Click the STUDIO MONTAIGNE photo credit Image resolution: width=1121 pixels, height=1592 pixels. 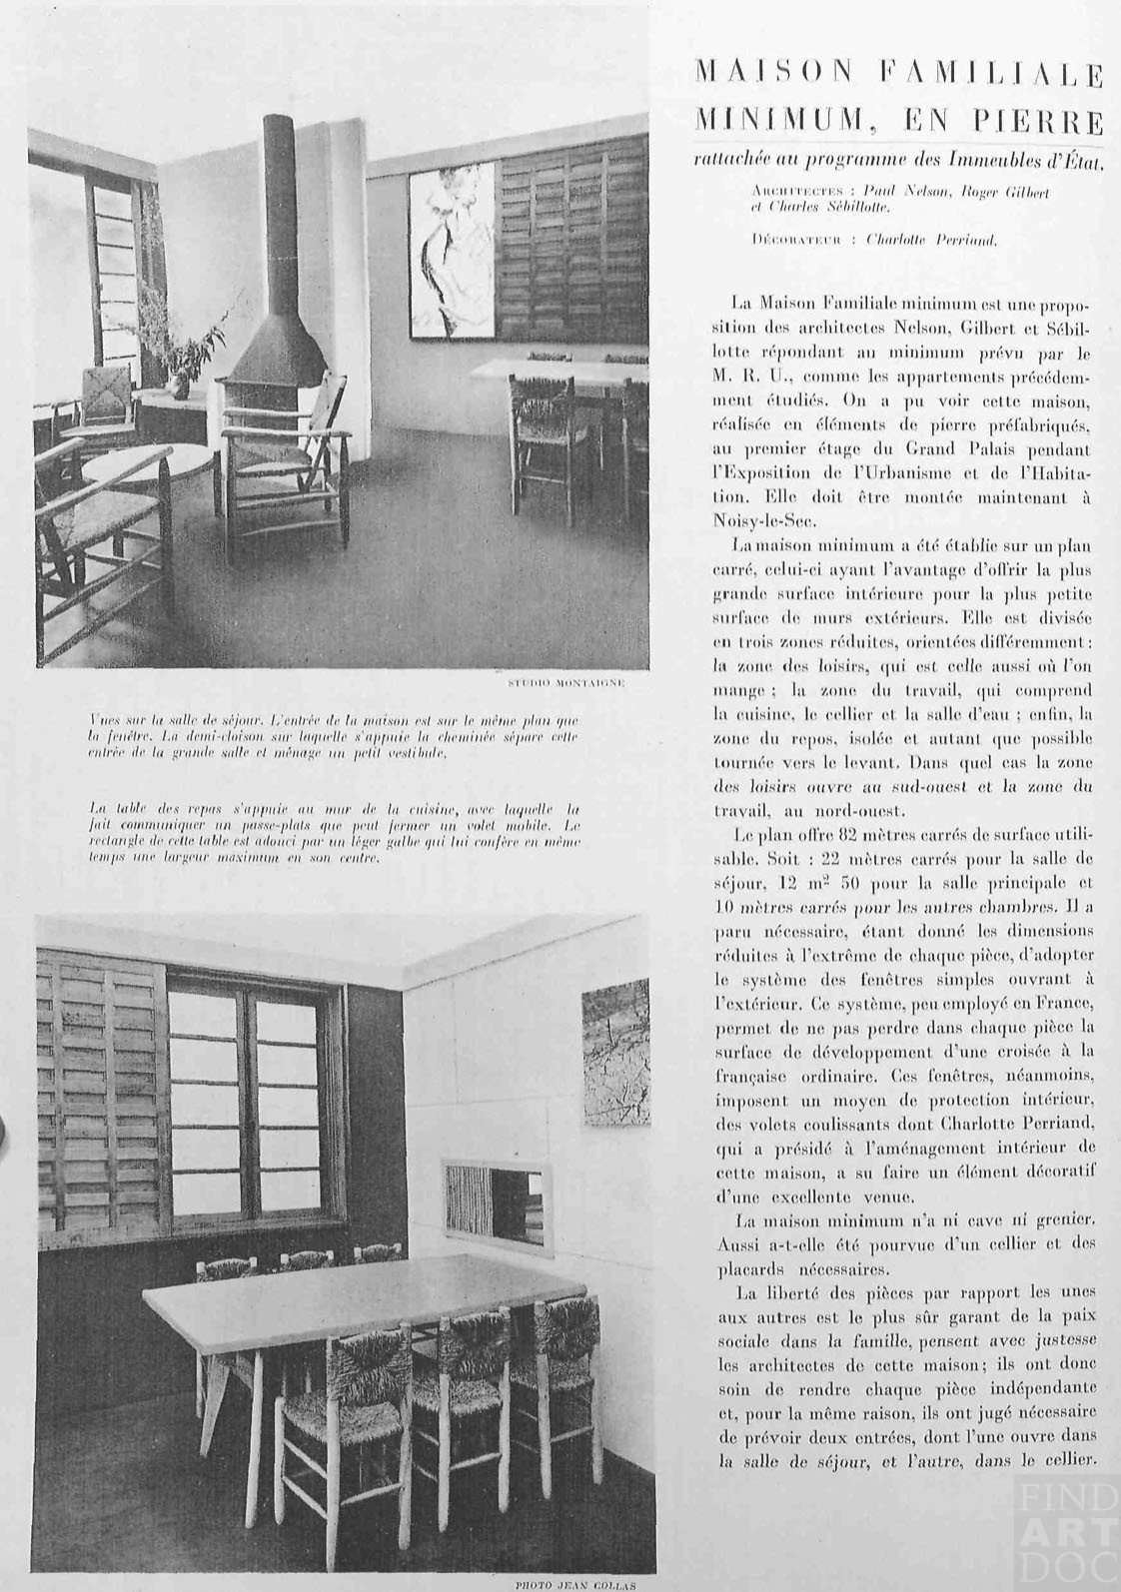click(x=566, y=683)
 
